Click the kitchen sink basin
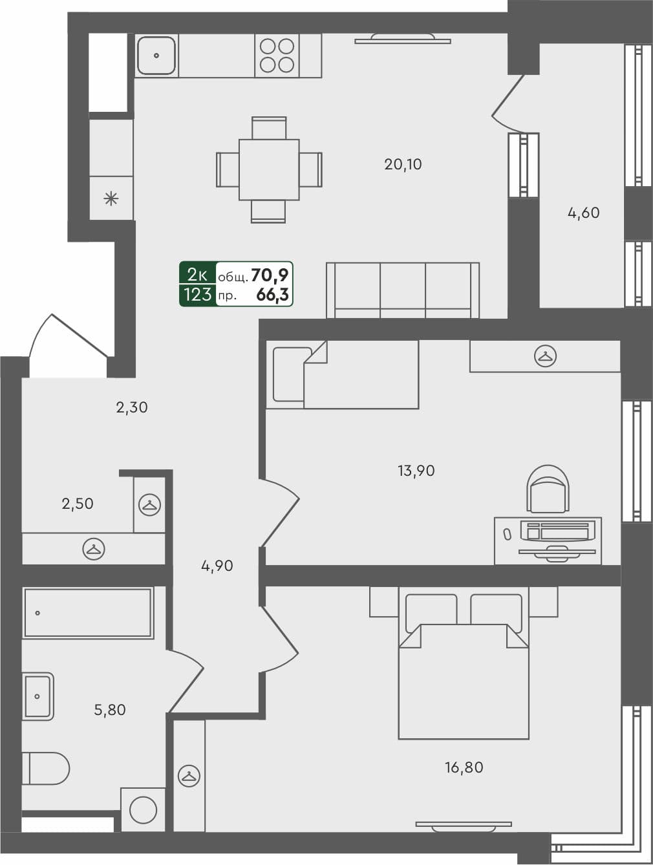tap(156, 56)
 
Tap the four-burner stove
tap(277, 56)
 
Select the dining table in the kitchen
tap(268, 169)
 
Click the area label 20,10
tap(403, 164)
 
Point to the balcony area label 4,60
tap(583, 213)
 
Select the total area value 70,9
tap(270, 275)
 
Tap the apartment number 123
tap(197, 295)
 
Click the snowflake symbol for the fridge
tap(111, 198)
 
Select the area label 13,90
tap(416, 471)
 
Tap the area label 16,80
tap(464, 767)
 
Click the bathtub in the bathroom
tap(87, 613)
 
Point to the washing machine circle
tap(143, 810)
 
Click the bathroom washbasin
tap(38, 696)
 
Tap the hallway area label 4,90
tap(217, 566)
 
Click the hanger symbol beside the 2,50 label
tap(149, 505)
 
